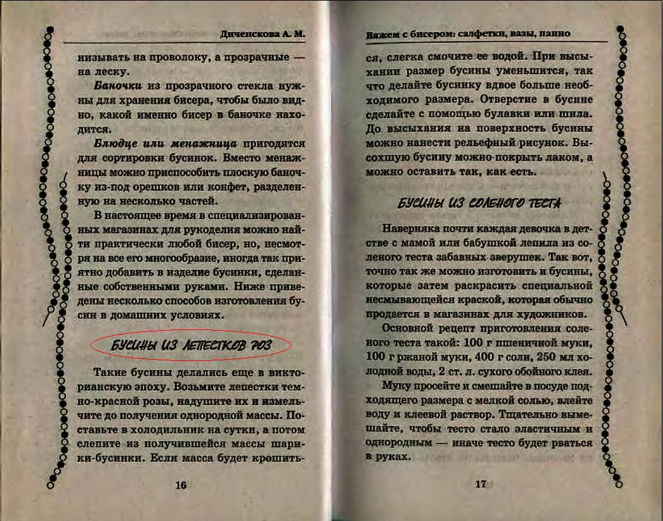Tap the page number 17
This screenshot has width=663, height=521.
(x=481, y=484)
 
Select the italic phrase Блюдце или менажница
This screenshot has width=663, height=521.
(x=165, y=143)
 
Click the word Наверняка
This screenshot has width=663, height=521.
(x=411, y=228)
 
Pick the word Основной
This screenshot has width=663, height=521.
(x=409, y=329)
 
